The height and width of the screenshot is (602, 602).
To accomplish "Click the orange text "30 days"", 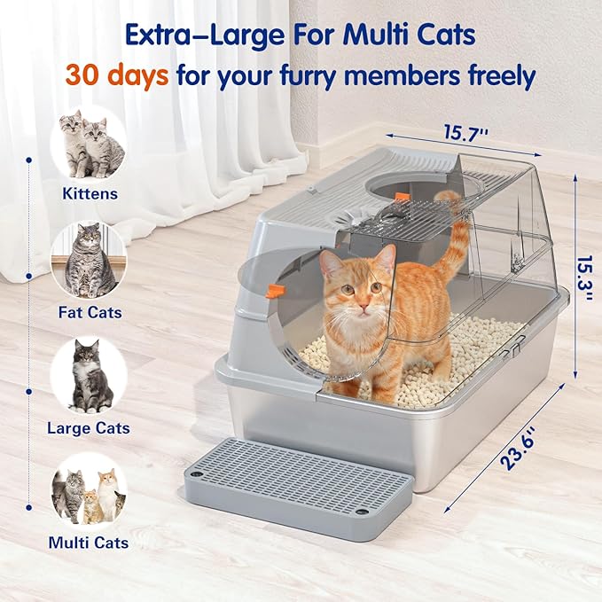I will [x=115, y=74].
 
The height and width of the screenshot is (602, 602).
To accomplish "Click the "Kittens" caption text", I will [x=89, y=192].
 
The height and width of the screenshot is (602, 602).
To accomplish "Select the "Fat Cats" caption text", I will [x=90, y=312].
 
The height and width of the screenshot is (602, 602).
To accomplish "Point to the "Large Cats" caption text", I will [x=89, y=428].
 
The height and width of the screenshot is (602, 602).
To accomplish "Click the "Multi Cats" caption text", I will [x=89, y=543].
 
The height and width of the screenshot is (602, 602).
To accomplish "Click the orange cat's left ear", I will [x=330, y=262].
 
